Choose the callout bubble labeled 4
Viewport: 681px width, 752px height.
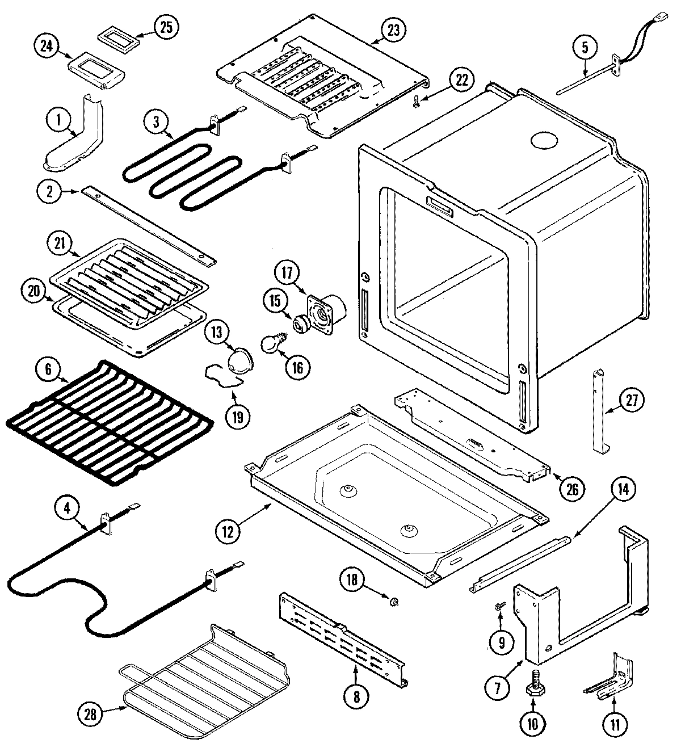pyautogui.click(x=67, y=507)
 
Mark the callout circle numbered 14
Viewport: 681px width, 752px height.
pyautogui.click(x=623, y=489)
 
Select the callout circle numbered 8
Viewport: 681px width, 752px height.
pyautogui.click(x=356, y=696)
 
